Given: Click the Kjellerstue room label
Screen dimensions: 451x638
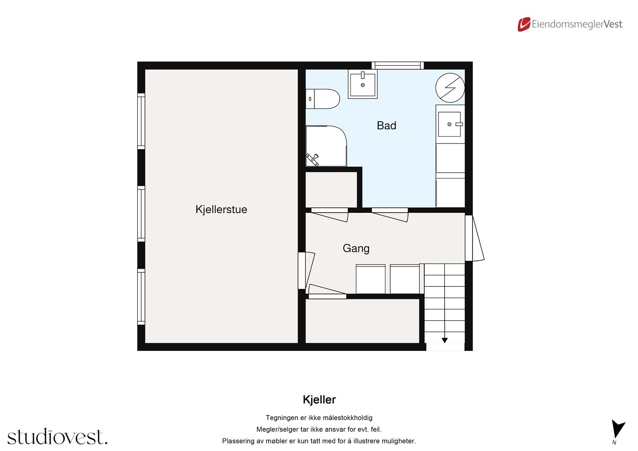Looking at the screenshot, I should click(x=221, y=209).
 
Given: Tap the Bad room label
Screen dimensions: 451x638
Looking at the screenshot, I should click(x=386, y=126).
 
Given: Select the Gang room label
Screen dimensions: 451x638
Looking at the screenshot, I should click(x=356, y=248).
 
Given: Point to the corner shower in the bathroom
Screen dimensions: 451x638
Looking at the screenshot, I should click(x=326, y=146).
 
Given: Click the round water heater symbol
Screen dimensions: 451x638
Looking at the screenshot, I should click(x=450, y=87).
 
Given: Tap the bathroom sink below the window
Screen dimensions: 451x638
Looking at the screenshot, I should click(x=362, y=84).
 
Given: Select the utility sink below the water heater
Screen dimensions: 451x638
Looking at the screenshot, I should click(x=450, y=124).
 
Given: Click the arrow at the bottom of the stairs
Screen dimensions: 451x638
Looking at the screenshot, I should click(x=445, y=340).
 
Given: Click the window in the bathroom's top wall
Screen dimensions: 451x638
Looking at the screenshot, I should click(x=398, y=65).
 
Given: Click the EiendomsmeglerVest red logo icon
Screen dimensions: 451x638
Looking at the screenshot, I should click(x=524, y=24).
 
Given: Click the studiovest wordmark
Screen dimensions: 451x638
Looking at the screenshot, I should click(x=57, y=437).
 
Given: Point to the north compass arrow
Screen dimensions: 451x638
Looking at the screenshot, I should click(x=618, y=429).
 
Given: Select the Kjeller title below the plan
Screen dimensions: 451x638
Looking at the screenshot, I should click(x=319, y=400).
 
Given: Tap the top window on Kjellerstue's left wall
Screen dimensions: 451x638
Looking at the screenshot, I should click(x=141, y=121).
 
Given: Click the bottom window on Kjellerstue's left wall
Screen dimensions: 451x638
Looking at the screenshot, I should click(x=141, y=297).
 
